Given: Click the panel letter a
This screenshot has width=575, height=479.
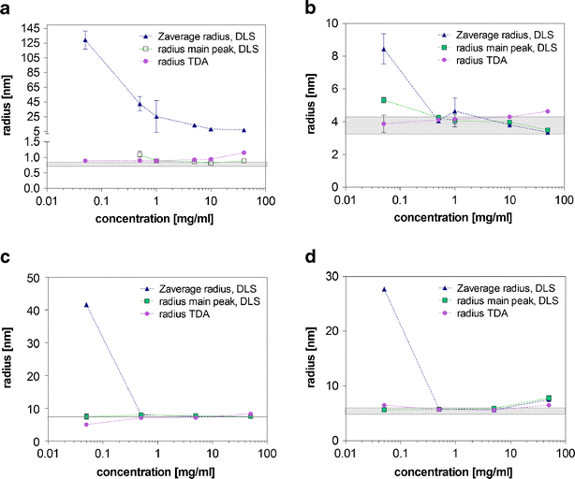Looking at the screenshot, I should [x=7, y=7].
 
